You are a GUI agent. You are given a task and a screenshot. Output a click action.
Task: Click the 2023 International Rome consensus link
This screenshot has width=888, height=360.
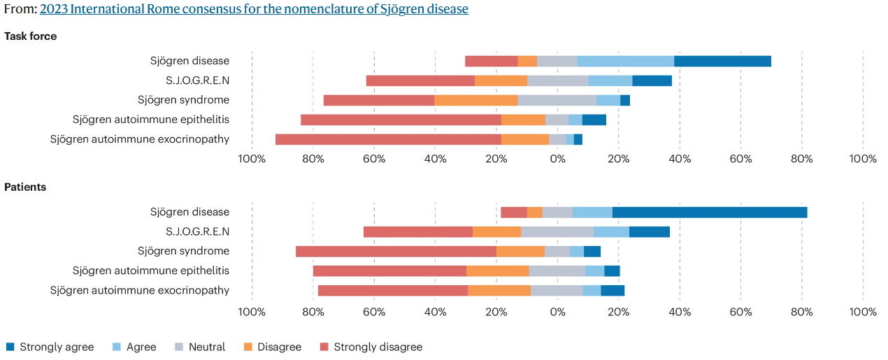(x=254, y=9)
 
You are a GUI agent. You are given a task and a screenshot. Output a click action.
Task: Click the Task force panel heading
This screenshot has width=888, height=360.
(x=31, y=36)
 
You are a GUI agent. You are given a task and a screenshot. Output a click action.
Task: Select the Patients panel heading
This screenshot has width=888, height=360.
(x=25, y=187)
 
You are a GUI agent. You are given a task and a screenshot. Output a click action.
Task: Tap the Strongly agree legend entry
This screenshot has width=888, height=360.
(x=50, y=347)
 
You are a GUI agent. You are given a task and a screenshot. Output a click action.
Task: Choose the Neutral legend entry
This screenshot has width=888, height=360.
(x=200, y=347)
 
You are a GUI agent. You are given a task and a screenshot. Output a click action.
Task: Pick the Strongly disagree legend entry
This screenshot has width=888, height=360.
(x=371, y=347)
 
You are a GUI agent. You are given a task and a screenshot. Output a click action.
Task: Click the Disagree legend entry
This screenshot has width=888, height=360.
(x=272, y=347)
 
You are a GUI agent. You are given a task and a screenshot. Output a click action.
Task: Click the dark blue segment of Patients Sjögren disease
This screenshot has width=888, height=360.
(x=710, y=213)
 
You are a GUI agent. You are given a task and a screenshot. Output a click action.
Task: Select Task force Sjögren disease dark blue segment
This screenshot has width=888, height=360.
(x=722, y=61)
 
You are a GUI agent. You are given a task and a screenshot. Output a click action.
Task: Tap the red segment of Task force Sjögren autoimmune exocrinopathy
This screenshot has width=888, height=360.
(x=388, y=139)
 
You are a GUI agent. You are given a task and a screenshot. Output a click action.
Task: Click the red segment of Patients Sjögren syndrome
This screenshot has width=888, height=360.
(x=396, y=252)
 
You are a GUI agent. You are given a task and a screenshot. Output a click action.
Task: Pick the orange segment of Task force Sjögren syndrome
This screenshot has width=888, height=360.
(x=475, y=100)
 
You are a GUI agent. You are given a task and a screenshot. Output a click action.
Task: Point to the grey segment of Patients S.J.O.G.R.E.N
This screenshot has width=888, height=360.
(x=557, y=232)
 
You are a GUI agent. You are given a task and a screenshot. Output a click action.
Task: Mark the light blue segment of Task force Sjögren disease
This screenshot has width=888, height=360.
(x=626, y=61)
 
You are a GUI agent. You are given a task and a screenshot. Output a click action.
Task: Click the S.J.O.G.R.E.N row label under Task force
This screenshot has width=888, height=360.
(x=197, y=80)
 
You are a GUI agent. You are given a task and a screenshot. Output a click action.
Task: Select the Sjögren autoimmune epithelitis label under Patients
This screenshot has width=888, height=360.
(x=151, y=271)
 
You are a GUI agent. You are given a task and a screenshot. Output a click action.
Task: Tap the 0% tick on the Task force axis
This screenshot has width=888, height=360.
(x=557, y=159)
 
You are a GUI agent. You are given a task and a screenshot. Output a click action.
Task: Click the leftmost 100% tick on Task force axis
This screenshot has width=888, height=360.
(x=252, y=159)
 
